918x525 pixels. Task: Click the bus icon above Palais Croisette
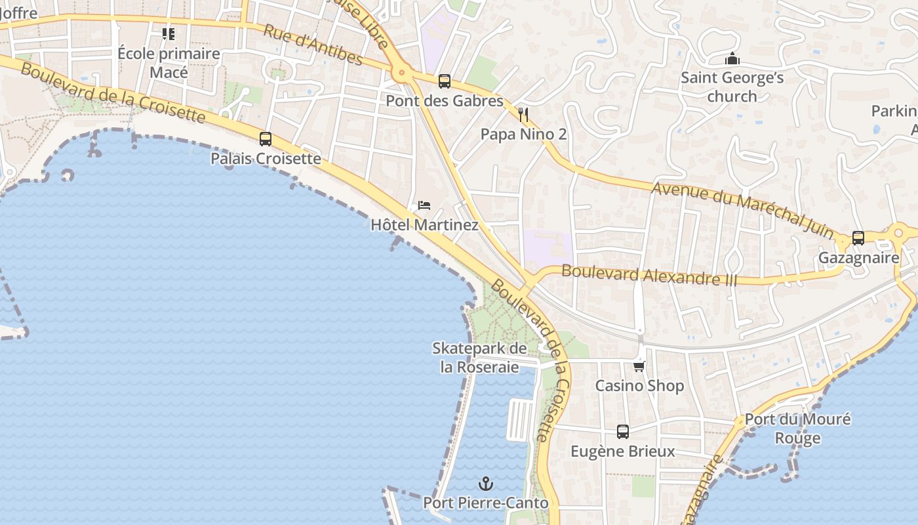pyautogui.click(x=266, y=139)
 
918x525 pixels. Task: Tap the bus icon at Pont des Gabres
pyautogui.click(x=445, y=81)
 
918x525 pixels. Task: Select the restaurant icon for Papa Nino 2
pyautogui.click(x=523, y=115)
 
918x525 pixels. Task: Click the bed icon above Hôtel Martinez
pyautogui.click(x=424, y=205)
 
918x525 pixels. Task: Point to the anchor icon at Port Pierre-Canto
pyautogui.click(x=485, y=484)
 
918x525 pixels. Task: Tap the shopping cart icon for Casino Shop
pyautogui.click(x=639, y=366)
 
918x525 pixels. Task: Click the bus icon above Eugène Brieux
pyautogui.click(x=623, y=432)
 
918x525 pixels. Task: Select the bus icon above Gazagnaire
pyautogui.click(x=858, y=238)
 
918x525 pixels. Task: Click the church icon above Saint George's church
pyautogui.click(x=732, y=59)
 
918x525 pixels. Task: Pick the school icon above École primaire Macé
pyautogui.click(x=169, y=33)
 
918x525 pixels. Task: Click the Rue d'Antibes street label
pyautogui.click(x=313, y=45)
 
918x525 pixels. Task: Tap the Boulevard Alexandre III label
pyautogui.click(x=649, y=274)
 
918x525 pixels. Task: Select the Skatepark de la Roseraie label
pyautogui.click(x=479, y=358)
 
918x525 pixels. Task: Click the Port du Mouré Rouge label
pyautogui.click(x=797, y=428)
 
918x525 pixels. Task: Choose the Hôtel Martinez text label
pyautogui.click(x=424, y=224)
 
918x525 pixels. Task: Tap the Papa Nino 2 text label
pyautogui.click(x=523, y=134)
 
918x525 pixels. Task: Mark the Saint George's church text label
pyautogui.click(x=732, y=87)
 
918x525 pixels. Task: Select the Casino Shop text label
pyautogui.click(x=639, y=385)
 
